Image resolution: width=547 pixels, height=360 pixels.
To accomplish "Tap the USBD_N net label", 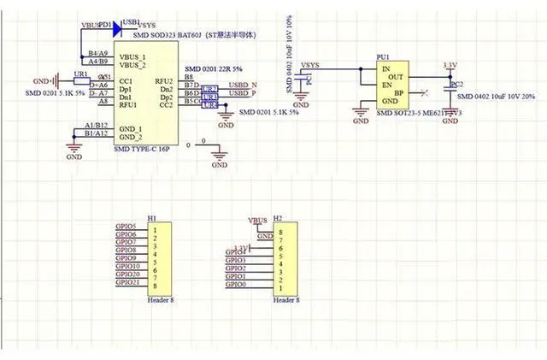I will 243,86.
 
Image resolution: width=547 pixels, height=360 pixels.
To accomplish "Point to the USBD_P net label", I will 243,94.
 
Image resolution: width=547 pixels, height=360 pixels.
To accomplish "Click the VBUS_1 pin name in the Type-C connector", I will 132,56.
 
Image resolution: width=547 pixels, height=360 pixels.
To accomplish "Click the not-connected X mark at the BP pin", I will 425,92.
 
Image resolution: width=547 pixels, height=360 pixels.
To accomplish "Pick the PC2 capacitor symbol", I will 447,86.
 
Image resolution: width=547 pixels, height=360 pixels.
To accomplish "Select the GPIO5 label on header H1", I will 126,226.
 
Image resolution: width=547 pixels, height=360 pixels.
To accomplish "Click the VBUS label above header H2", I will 256,220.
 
